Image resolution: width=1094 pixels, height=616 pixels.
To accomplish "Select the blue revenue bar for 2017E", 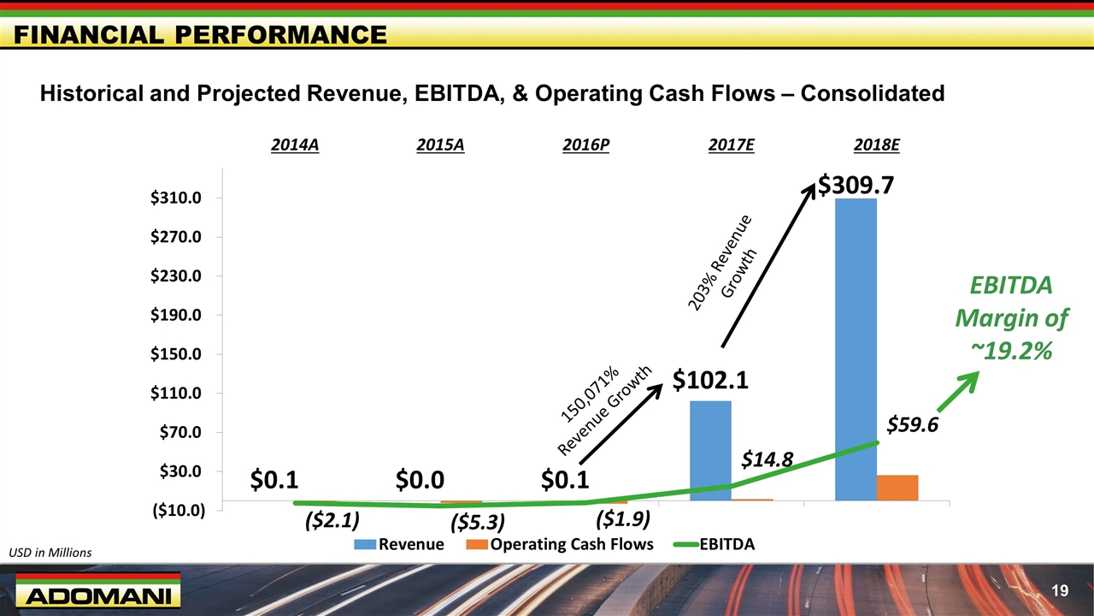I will (x=710, y=450).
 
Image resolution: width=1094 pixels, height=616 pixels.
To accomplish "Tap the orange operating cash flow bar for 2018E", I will (x=897, y=487).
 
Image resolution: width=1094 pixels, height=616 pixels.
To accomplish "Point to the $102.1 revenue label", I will (x=710, y=379).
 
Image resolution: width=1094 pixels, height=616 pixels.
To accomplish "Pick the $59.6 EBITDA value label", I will (x=912, y=424).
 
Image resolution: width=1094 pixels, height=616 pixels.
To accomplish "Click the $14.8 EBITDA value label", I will (x=767, y=460).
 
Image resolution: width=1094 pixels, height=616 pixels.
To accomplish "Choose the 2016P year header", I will (x=586, y=145).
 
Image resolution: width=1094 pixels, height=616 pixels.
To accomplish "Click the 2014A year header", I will (x=295, y=145).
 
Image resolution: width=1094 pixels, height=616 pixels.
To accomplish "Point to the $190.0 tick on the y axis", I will (x=177, y=315).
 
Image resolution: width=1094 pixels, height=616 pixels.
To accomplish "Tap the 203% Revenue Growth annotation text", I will (x=722, y=262).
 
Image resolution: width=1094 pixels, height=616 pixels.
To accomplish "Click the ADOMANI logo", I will (x=94, y=595).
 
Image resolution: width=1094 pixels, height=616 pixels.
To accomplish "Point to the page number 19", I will (x=1061, y=590).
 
